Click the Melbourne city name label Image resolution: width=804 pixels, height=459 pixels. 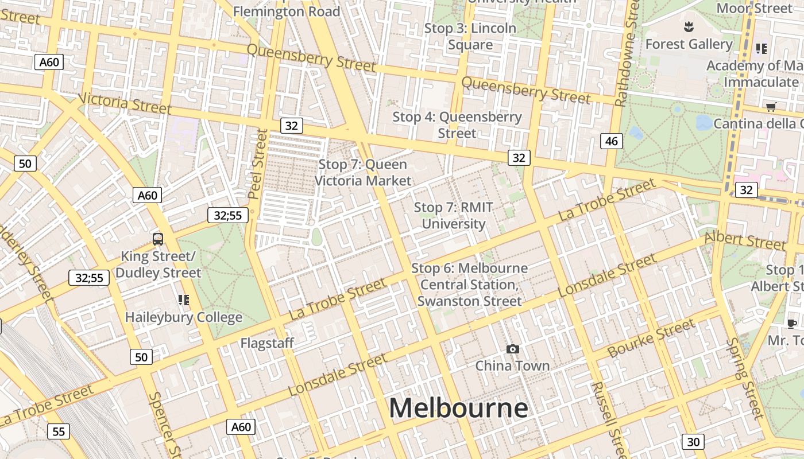[x=458, y=408]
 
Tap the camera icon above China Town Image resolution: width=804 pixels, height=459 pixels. [x=512, y=349]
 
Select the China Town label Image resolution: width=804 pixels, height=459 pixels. [x=512, y=365]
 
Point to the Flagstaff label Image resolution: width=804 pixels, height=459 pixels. [x=267, y=343]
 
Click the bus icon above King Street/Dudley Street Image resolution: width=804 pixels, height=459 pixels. [x=158, y=239]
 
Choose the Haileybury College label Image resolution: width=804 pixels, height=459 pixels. [x=184, y=317]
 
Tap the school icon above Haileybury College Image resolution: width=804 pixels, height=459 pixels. [x=184, y=299]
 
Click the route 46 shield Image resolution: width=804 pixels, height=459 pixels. [x=612, y=141]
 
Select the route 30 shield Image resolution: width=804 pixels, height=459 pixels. [x=693, y=441]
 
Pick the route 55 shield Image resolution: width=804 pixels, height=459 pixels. [x=59, y=431]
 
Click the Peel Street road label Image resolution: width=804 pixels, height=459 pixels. [x=258, y=164]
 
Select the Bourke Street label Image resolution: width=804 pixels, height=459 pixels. [x=651, y=338]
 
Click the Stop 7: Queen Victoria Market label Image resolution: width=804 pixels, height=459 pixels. [x=363, y=172]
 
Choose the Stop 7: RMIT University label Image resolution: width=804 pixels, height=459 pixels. [x=454, y=215]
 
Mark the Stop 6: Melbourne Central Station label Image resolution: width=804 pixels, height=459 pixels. [x=469, y=285]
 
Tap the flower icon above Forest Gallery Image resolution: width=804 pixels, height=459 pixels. [x=687, y=26]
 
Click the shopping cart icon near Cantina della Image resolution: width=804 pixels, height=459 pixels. [x=771, y=107]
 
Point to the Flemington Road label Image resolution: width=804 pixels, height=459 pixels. [x=287, y=11]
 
